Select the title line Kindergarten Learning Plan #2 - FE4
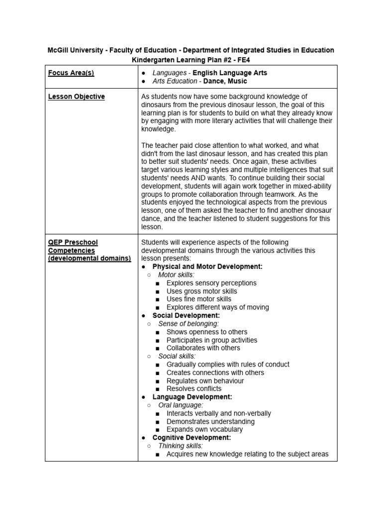[x=191, y=59]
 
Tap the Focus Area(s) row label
[x=71, y=73]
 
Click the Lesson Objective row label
[x=76, y=97]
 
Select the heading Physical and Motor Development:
[x=207, y=266]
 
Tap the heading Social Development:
[x=186, y=315]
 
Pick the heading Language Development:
[x=192, y=397]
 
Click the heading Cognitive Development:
[x=191, y=437]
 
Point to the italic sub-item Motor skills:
[x=177, y=274]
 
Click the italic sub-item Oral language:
[x=180, y=405]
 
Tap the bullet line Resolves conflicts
[x=194, y=388]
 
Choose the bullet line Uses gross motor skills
[x=201, y=291]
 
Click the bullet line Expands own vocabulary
[x=204, y=429]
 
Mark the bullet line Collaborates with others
[x=203, y=348]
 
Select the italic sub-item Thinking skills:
[x=181, y=446]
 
